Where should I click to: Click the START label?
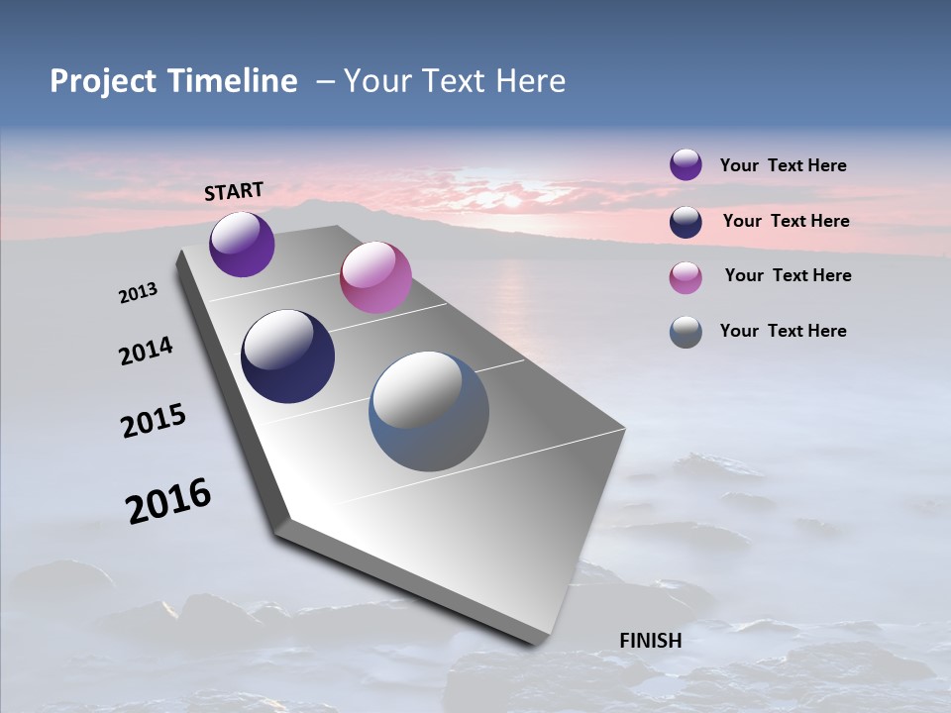click(234, 190)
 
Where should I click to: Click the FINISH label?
click(650, 641)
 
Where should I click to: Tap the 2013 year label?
click(138, 293)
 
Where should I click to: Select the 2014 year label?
click(146, 351)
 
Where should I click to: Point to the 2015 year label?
click(154, 421)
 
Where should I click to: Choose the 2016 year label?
click(168, 501)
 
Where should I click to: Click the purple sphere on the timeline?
click(242, 244)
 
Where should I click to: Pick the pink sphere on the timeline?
click(375, 277)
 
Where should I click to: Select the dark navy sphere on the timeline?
click(287, 356)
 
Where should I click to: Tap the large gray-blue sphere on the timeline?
click(429, 411)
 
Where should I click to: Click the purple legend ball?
click(686, 164)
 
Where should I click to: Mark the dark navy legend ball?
click(686, 221)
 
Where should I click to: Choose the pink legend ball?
click(686, 276)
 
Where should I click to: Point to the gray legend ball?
click(686, 332)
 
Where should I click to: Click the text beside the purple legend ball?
click(783, 165)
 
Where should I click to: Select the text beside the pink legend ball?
click(788, 275)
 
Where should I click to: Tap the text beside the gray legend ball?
click(783, 331)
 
